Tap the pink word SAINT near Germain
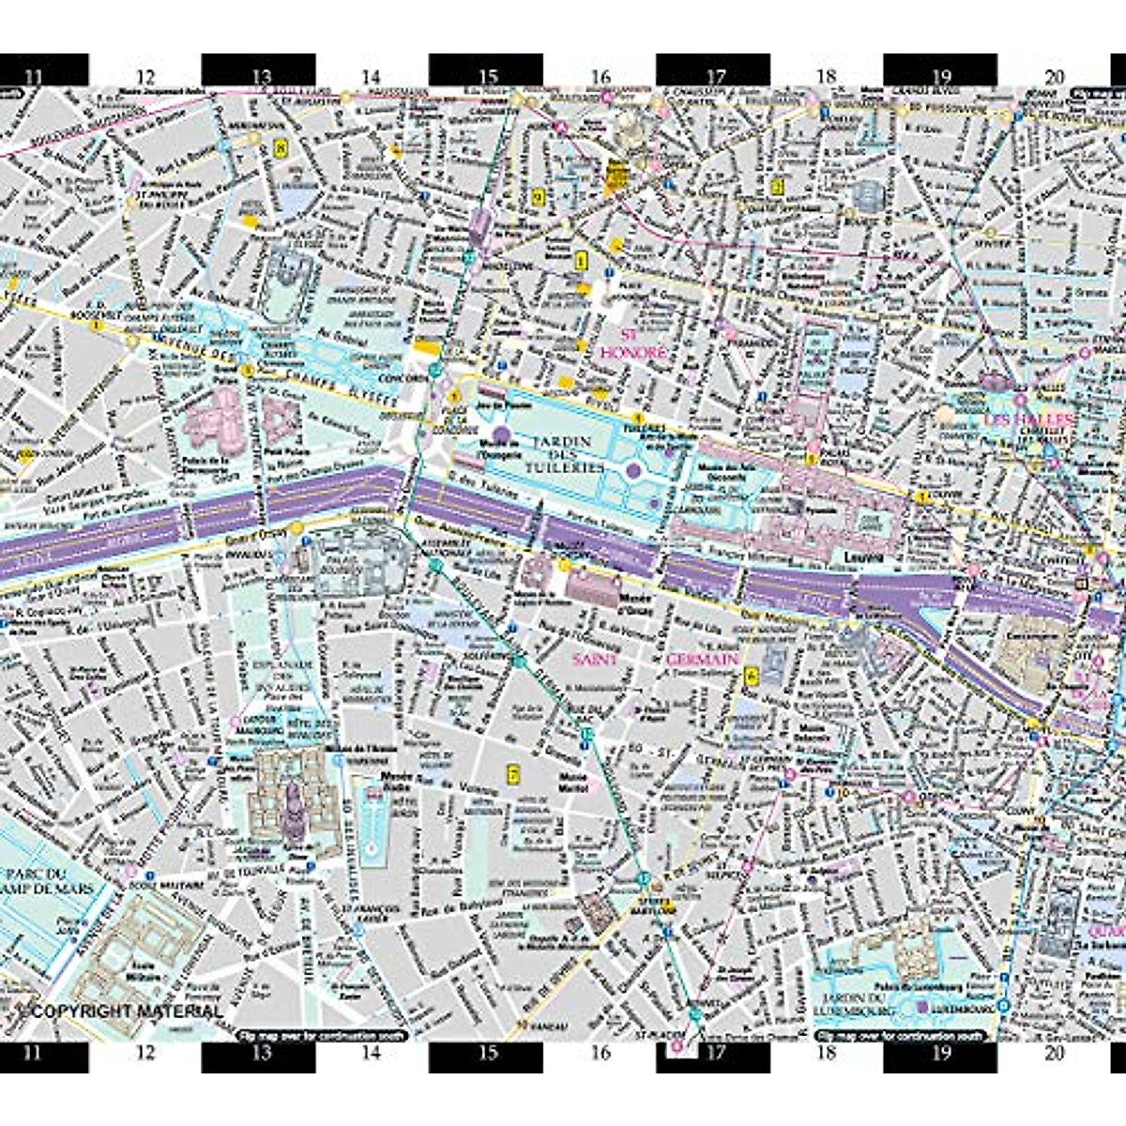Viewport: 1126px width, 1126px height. tap(595, 660)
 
